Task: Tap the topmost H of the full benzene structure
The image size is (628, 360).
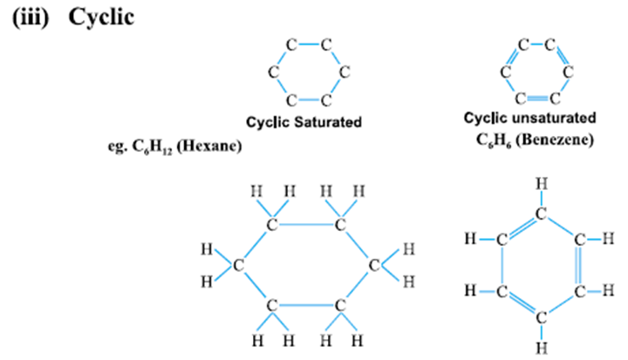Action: pyautogui.click(x=542, y=183)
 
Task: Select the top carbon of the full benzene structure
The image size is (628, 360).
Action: pyautogui.click(x=542, y=212)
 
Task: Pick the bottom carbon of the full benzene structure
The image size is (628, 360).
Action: pyautogui.click(x=542, y=318)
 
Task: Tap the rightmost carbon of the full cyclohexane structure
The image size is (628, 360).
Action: pyautogui.click(x=373, y=265)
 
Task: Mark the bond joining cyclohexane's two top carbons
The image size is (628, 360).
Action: pyautogui.click(x=305, y=226)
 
